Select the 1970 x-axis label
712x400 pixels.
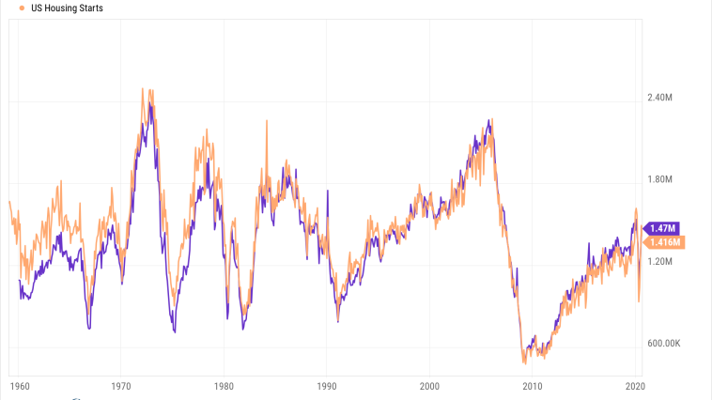click(x=120, y=386)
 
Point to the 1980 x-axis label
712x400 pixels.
click(x=224, y=386)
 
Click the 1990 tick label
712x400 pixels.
click(x=327, y=386)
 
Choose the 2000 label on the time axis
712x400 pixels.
click(x=429, y=386)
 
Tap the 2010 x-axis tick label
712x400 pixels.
click(x=533, y=386)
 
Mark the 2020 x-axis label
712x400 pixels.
click(x=635, y=386)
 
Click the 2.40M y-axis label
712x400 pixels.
click(x=662, y=98)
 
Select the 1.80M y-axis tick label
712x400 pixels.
click(x=662, y=179)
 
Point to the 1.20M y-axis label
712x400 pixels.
click(x=662, y=261)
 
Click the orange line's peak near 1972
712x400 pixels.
click(x=143, y=89)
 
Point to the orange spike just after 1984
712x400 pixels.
click(x=267, y=121)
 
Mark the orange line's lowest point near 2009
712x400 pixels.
click(x=524, y=362)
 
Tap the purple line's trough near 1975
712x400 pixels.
click(x=175, y=331)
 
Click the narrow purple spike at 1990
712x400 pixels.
click(x=328, y=191)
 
